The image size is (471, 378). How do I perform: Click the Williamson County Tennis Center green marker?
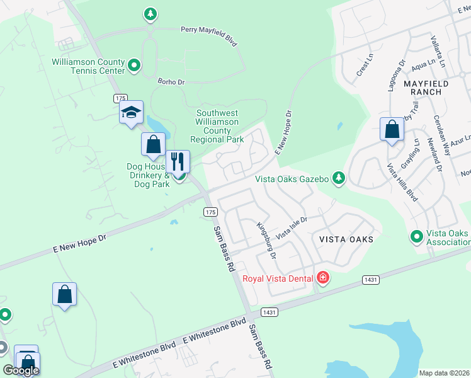tap(134, 65)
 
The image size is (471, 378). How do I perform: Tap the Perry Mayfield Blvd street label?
tap(208, 36)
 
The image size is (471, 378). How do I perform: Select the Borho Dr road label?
tap(171, 82)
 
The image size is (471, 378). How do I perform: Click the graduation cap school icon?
tap(131, 113)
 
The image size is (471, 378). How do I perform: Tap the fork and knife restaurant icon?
tap(178, 162)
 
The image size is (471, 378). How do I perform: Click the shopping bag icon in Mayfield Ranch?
tap(392, 129)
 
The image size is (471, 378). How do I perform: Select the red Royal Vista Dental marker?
tap(323, 277)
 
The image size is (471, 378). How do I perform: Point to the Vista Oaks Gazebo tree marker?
tap(339, 179)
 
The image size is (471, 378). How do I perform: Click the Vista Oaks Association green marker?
tap(416, 237)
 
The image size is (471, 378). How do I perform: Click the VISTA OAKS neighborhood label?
tap(346, 239)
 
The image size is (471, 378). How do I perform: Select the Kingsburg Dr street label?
tap(266, 240)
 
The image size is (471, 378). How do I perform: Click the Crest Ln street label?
tap(361, 69)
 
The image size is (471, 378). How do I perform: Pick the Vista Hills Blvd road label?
tap(402, 182)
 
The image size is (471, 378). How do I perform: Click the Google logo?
tap(21, 370)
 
